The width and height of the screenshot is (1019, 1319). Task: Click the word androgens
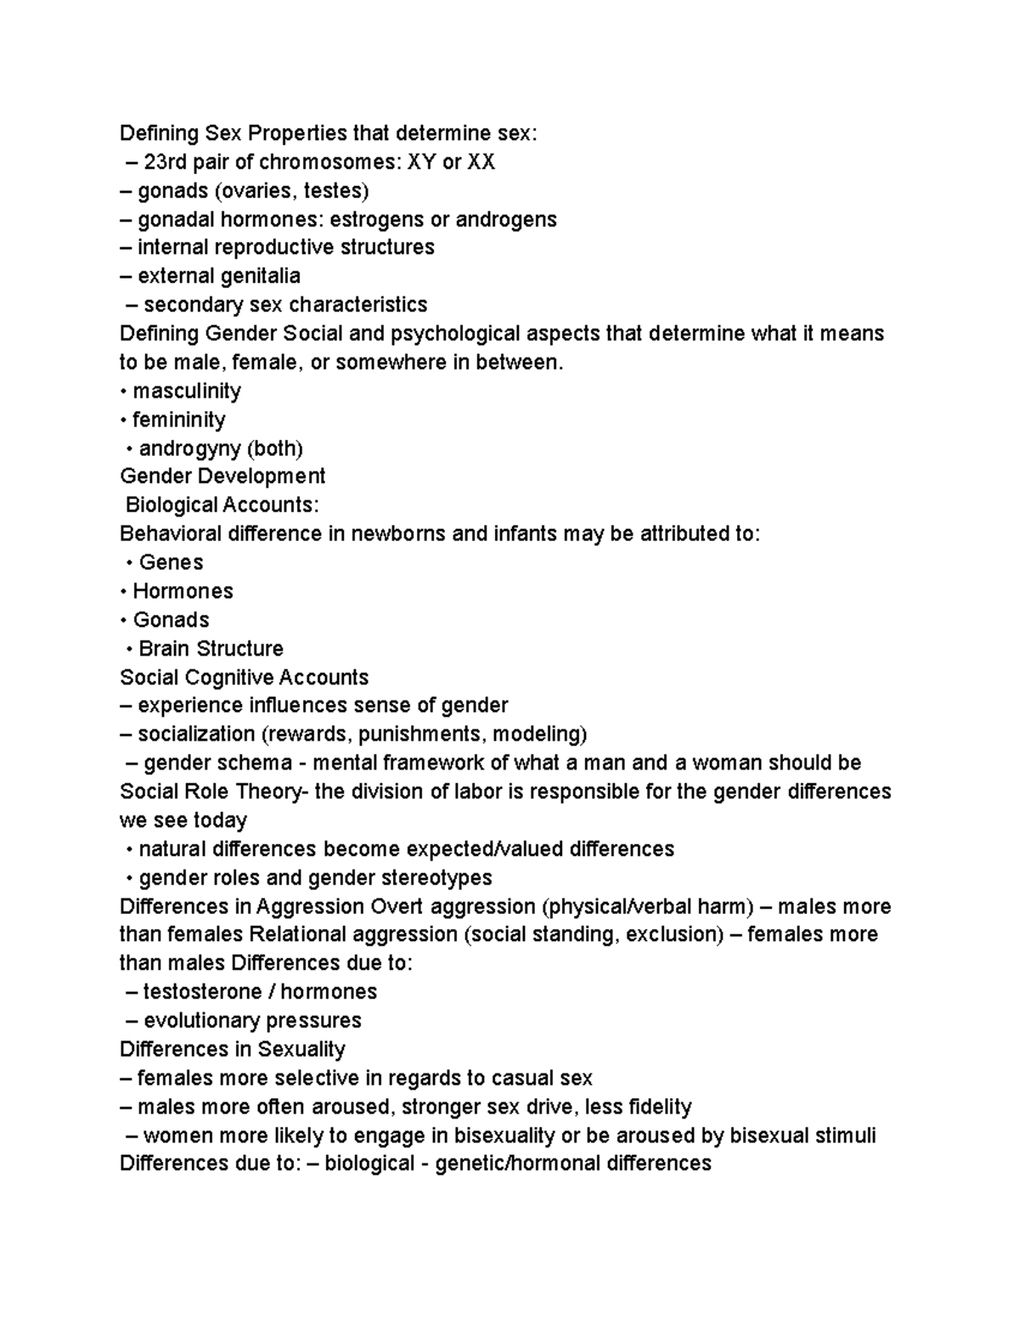506,219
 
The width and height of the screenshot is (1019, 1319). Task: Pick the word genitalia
260,276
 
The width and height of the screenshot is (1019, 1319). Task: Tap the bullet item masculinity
187,391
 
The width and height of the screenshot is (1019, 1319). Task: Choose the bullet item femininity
178,420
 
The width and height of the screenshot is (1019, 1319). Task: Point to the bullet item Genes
171,562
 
